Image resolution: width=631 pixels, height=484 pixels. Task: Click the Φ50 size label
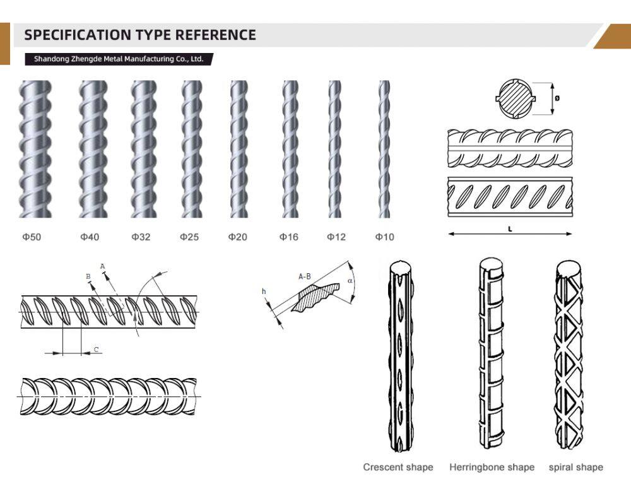coord(32,237)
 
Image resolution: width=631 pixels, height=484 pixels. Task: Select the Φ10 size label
coord(385,237)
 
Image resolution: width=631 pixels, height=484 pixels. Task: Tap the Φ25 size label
coord(189,237)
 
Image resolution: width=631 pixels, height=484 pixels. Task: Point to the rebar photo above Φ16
coord(290,150)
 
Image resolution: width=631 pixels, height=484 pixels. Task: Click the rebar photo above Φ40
coord(93,150)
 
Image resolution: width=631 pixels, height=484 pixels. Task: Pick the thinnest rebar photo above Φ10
coord(384,150)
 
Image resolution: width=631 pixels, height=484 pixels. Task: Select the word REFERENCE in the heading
coord(215,35)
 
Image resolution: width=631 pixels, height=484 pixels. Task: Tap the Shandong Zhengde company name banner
coord(119,59)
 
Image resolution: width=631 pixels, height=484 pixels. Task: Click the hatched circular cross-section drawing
coord(516,98)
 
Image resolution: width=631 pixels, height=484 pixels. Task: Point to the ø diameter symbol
coord(557,98)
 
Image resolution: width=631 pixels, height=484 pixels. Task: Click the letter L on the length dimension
coord(510,229)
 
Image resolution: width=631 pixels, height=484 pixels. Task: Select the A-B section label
coord(305,276)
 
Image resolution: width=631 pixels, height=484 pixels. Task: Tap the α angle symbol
coord(350,280)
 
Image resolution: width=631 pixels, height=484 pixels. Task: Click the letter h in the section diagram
coord(264,292)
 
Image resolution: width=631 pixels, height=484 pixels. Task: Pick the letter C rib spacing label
coord(96,349)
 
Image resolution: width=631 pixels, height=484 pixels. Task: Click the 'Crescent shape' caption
coord(398,467)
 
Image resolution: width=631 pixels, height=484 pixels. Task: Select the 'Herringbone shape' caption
coord(492,467)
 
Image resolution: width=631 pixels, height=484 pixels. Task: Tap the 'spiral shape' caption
coord(576,467)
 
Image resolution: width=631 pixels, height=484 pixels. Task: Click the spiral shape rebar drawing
coord(569,355)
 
